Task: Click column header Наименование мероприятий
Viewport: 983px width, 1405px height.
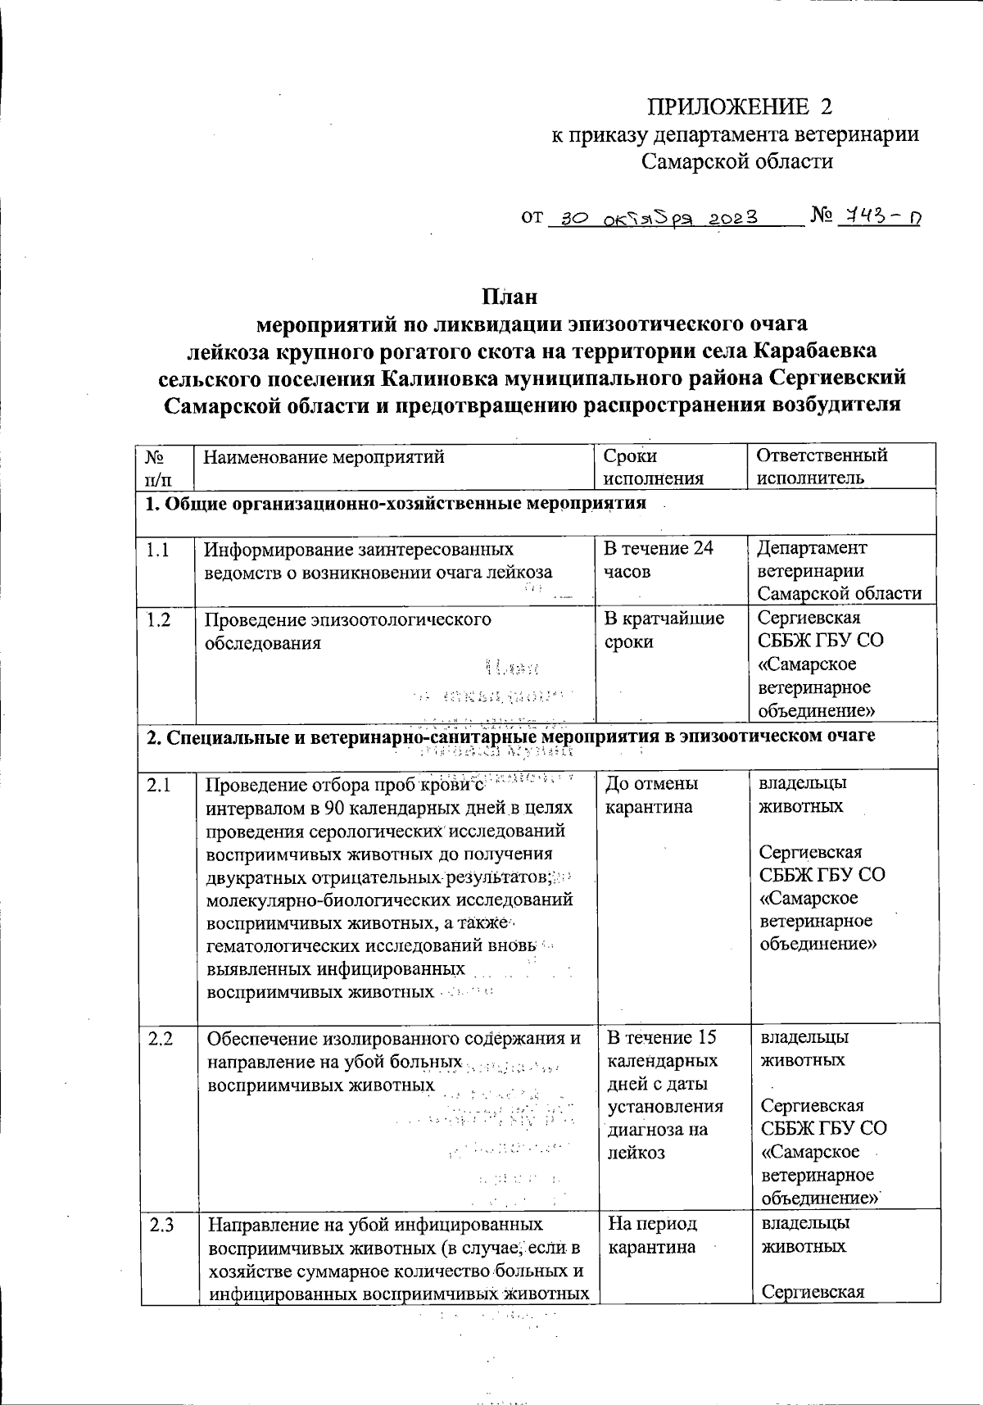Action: [324, 457]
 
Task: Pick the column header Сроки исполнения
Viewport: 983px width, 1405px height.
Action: [653, 467]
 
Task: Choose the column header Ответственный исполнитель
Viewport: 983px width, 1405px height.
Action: [822, 467]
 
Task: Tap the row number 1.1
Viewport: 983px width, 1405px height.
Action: [157, 550]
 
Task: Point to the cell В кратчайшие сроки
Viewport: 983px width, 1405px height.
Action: [664, 630]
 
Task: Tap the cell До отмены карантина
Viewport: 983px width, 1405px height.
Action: [651, 795]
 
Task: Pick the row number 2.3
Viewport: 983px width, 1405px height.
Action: [161, 1226]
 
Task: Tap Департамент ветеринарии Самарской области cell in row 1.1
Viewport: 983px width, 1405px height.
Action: [839, 570]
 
